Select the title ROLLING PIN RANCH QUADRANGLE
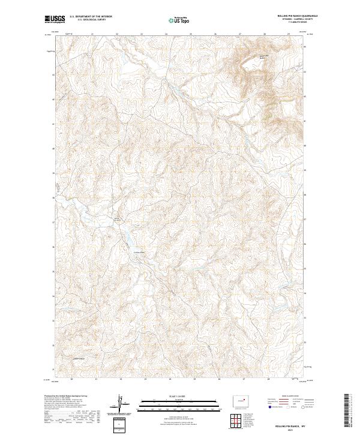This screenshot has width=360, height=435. point(286,14)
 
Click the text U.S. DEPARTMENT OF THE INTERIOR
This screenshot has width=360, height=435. point(91,17)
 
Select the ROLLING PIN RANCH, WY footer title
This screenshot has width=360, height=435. point(286,424)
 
